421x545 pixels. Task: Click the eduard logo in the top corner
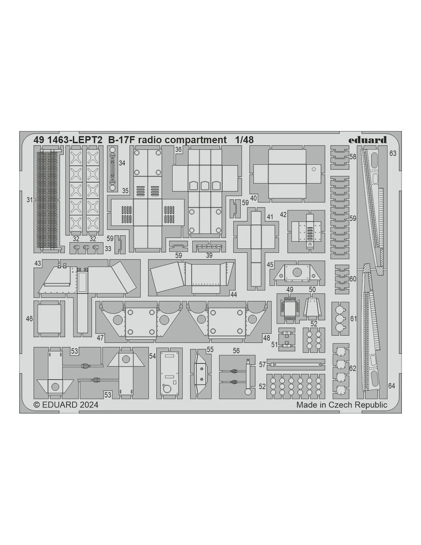(367, 140)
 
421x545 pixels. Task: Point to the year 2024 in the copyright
(89, 405)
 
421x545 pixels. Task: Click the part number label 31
(30, 200)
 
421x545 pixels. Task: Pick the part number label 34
(122, 163)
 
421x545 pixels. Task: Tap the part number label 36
(178, 149)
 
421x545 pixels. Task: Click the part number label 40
(253, 198)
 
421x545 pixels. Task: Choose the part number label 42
(283, 215)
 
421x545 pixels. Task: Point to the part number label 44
(234, 294)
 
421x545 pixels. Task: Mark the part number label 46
(29, 319)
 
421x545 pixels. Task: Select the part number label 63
(393, 153)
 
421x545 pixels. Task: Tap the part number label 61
(353, 319)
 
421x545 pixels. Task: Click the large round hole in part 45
(297, 272)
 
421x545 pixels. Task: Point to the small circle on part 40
(314, 169)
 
